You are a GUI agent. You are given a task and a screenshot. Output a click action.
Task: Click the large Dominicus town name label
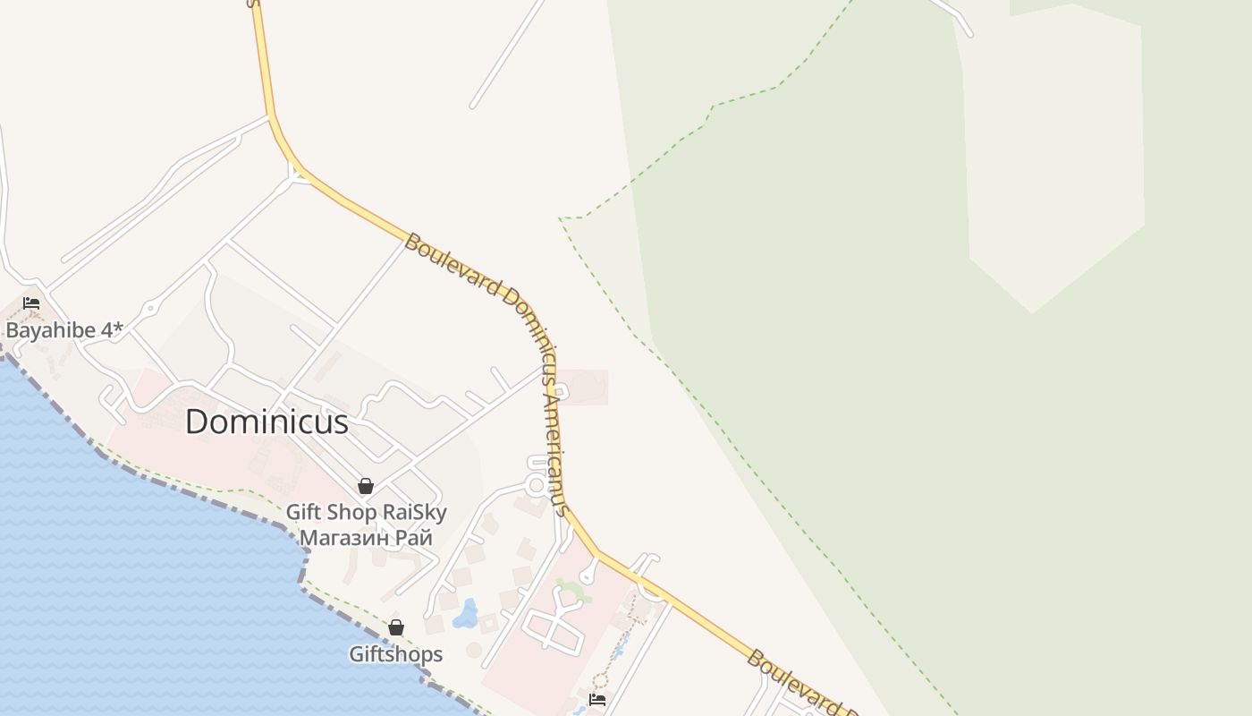266,422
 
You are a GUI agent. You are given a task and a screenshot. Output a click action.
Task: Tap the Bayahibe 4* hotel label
64,330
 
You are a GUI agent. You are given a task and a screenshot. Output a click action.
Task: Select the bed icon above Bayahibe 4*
31,303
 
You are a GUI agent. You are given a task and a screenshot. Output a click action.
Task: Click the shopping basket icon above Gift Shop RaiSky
366,486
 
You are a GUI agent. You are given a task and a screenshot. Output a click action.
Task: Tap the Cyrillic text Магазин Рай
366,538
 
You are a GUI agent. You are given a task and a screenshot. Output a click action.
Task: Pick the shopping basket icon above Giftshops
396,627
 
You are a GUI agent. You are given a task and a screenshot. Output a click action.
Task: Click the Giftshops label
395,654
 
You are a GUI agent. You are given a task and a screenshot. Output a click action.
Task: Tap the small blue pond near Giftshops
466,615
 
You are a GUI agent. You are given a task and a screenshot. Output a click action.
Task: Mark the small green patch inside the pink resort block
572,591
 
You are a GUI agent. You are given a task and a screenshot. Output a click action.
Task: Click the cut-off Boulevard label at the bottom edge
800,685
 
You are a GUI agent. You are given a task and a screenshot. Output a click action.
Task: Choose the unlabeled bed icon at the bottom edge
597,699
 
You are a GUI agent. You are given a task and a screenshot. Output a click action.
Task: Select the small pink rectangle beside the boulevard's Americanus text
585,388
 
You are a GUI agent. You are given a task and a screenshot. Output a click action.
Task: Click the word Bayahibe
50,330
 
